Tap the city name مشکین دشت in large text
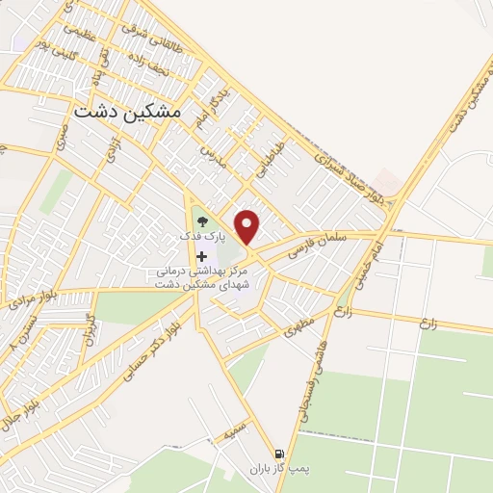[x=126, y=112]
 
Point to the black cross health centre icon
[x=201, y=255]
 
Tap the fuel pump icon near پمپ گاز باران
[x=279, y=454]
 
